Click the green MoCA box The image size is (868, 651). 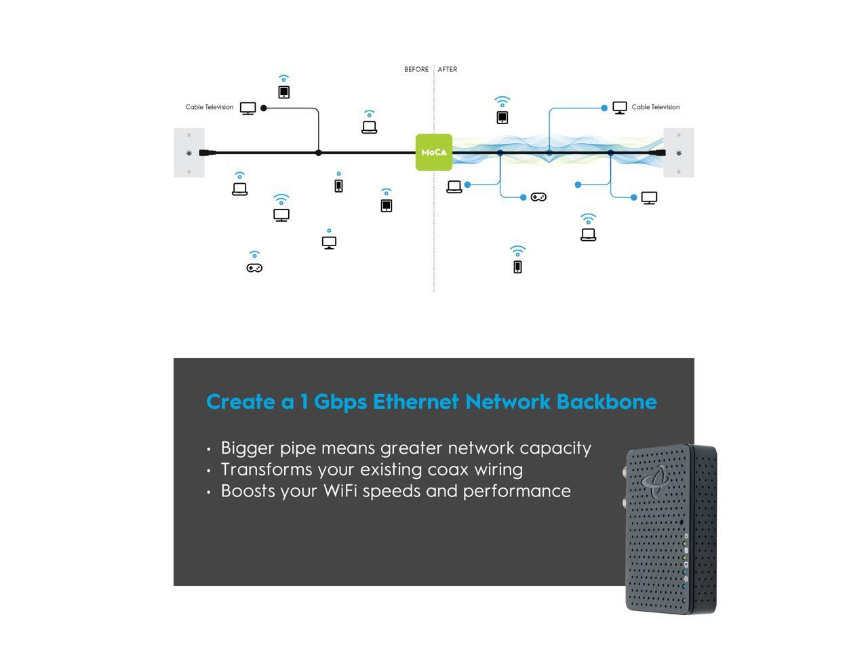pos(434,153)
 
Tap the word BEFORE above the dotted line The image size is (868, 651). pos(416,69)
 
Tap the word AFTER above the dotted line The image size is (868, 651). pos(448,69)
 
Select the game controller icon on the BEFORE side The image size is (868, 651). pos(254,268)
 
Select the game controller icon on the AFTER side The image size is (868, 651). pos(538,197)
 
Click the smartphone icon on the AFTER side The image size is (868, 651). pos(517,267)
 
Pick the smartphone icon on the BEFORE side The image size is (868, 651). pos(338,185)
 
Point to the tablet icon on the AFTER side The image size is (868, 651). pos(502,117)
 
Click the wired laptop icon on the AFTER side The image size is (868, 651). pos(454,186)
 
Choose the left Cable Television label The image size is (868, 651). pos(210,107)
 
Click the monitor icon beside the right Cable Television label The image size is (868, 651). pos(620,108)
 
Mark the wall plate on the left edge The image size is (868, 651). pos(189,153)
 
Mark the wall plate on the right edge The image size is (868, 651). pos(679,153)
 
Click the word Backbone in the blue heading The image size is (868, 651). pos(606,401)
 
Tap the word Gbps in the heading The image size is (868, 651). pos(340,401)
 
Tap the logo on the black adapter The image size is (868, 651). pos(656,480)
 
